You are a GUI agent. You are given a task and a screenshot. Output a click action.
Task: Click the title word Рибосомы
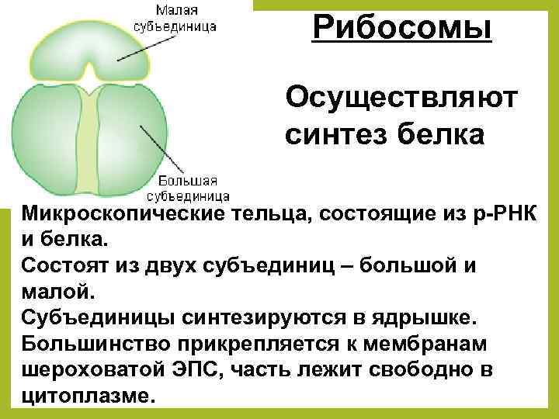tap(402, 29)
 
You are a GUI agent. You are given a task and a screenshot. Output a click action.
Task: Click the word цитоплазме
tap(89, 395)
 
